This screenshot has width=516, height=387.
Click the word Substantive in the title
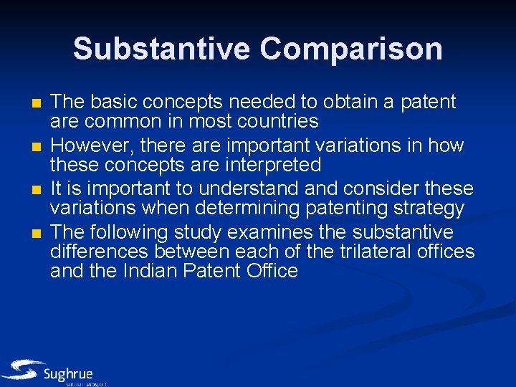click(x=162, y=49)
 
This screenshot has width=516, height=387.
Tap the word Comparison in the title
click(x=351, y=49)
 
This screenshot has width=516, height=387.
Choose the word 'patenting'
click(x=325, y=208)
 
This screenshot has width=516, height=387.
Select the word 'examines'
click(x=279, y=233)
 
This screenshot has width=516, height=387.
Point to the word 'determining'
click(x=228, y=208)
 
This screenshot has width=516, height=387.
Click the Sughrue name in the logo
click(x=68, y=373)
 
